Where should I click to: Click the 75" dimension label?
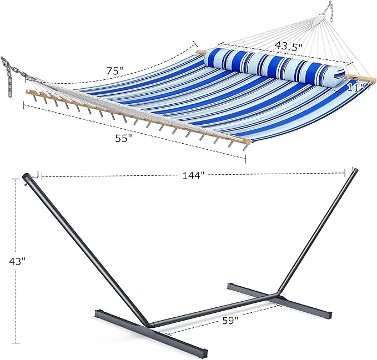(x=115, y=70)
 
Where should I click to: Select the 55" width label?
(x=123, y=139)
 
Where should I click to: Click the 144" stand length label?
(x=193, y=175)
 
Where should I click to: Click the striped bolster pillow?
(x=275, y=67)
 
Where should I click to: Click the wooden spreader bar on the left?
(x=133, y=117)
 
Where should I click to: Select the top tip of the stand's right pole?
(x=355, y=171)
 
